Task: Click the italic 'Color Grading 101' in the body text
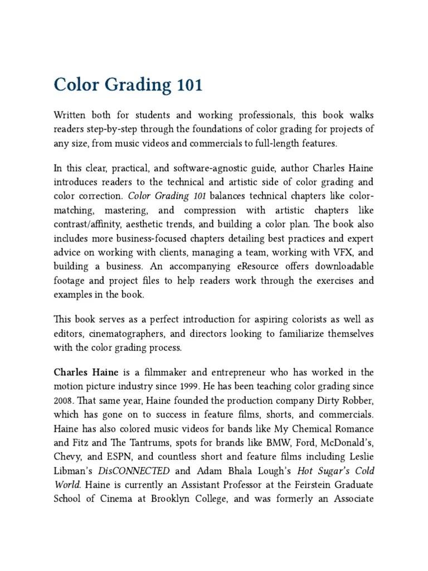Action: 167,196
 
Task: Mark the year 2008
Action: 63,401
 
